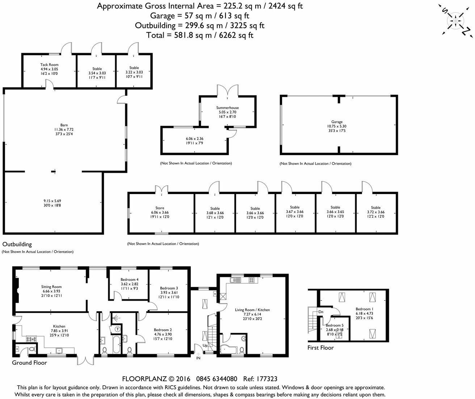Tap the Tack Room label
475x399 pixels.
click(49, 65)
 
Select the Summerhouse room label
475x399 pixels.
click(227, 108)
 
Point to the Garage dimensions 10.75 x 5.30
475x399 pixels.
click(337, 126)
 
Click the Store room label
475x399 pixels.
click(160, 208)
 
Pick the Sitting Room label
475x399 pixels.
click(51, 287)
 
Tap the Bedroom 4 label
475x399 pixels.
click(129, 279)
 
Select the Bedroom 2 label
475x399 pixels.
click(163, 330)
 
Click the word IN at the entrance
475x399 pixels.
click(198, 358)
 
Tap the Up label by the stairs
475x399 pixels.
click(205, 345)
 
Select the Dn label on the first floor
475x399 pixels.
click(321, 312)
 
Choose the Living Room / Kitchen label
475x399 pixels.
click(252, 310)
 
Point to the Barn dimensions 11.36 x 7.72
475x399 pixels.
click(64, 129)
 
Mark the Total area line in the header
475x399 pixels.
click(199, 35)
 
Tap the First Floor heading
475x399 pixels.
click(320, 347)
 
